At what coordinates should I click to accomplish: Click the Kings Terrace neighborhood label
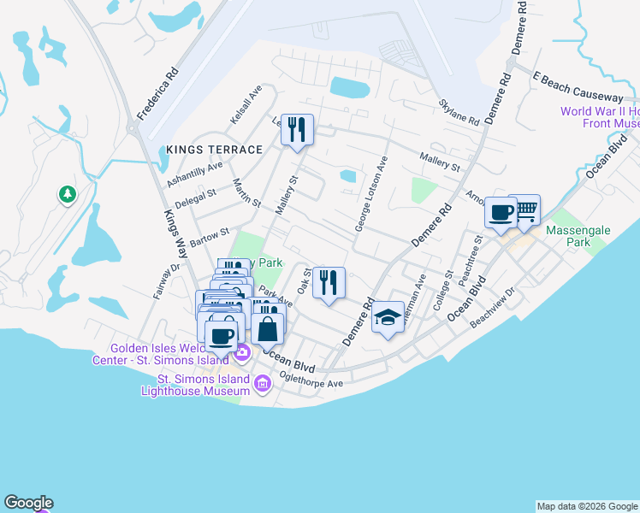(214, 150)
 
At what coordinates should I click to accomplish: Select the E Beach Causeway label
(578, 85)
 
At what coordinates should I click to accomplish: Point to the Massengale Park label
(578, 237)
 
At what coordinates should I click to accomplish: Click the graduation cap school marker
(388, 318)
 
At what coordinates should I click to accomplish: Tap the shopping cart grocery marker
(524, 210)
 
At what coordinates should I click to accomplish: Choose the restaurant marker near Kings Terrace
(297, 130)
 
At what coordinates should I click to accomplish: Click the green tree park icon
(67, 195)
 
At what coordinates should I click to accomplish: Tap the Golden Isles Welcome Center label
(161, 353)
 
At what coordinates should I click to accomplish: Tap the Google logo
(28, 503)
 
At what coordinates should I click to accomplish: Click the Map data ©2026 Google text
(586, 506)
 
